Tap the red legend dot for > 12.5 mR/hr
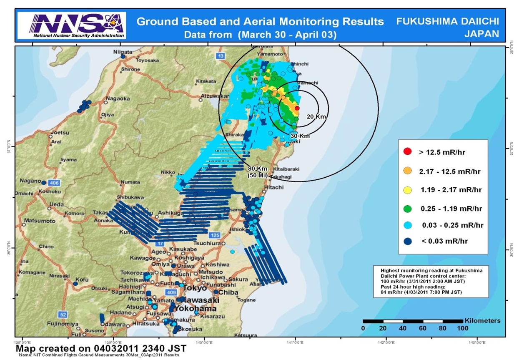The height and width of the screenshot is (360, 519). (408, 152)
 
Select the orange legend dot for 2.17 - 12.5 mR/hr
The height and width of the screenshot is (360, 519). (408, 171)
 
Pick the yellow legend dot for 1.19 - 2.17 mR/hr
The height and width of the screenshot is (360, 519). (408, 190)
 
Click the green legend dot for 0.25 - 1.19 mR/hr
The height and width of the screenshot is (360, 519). (408, 208)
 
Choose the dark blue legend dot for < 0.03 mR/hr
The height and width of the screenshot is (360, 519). (408, 241)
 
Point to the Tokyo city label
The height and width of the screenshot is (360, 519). (195, 288)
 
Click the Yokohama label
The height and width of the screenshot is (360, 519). (196, 309)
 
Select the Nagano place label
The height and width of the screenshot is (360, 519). (30, 181)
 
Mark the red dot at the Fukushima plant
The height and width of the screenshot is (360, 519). (297, 108)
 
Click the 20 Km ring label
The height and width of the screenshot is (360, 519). (316, 117)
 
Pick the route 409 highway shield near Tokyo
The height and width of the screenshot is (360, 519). (171, 293)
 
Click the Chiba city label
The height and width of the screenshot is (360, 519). (228, 292)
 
